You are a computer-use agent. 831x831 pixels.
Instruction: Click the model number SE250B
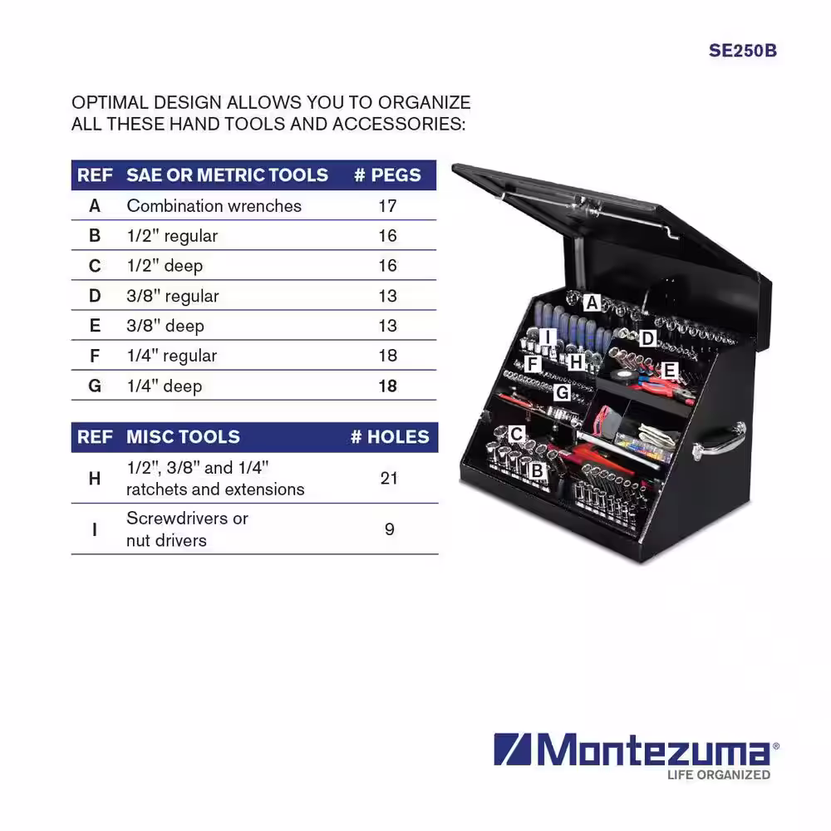click(x=742, y=51)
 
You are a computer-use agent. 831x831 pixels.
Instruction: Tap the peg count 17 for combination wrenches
click(x=387, y=205)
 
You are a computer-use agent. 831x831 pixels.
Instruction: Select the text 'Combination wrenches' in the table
click(x=214, y=205)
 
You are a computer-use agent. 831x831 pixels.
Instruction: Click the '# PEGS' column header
click(x=387, y=175)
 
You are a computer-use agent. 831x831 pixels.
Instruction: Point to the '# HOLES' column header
click(x=390, y=437)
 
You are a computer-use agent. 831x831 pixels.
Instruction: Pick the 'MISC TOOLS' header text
click(x=183, y=437)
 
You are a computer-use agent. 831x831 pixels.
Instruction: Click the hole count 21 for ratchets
click(x=388, y=478)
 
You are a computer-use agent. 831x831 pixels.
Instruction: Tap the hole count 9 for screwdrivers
click(x=390, y=529)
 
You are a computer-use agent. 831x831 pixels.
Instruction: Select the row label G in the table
click(x=95, y=386)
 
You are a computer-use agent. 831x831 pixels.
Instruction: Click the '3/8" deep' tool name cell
click(x=165, y=326)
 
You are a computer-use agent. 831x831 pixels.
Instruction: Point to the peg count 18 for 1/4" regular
click(x=387, y=355)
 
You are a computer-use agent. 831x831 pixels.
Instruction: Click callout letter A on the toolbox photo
click(x=592, y=303)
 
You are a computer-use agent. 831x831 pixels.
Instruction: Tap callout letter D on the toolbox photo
click(x=647, y=338)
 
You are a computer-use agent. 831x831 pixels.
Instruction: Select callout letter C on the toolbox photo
click(x=517, y=434)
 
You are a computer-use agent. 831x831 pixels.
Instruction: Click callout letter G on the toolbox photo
click(x=562, y=393)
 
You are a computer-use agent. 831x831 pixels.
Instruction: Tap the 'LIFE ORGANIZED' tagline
click(x=719, y=774)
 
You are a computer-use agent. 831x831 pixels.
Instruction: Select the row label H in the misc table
click(x=95, y=479)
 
